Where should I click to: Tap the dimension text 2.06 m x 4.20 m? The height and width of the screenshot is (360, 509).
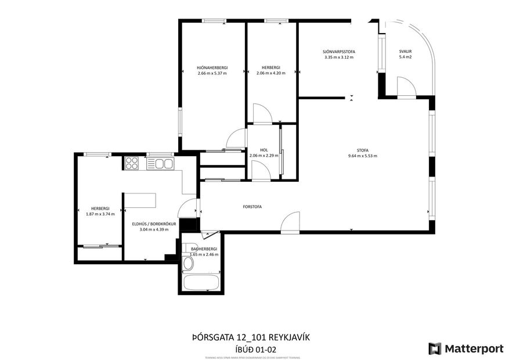(x=270, y=73)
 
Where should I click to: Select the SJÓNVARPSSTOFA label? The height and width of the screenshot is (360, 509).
(x=339, y=52)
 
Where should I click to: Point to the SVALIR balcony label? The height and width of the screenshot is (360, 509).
(x=405, y=52)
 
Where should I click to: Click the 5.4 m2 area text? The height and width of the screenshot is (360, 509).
(x=405, y=57)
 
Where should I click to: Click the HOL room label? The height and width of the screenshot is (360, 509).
(x=263, y=150)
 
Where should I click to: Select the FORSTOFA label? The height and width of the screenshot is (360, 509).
(x=252, y=206)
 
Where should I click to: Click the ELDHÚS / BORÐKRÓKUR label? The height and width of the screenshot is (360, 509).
(x=154, y=224)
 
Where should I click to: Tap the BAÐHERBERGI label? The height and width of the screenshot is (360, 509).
(x=203, y=249)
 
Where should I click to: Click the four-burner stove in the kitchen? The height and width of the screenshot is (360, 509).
(x=131, y=164)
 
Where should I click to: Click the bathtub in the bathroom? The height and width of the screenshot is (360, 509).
(x=200, y=283)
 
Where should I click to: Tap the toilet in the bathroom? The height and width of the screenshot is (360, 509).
(x=187, y=265)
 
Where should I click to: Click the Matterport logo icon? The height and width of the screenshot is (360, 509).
(x=435, y=348)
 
